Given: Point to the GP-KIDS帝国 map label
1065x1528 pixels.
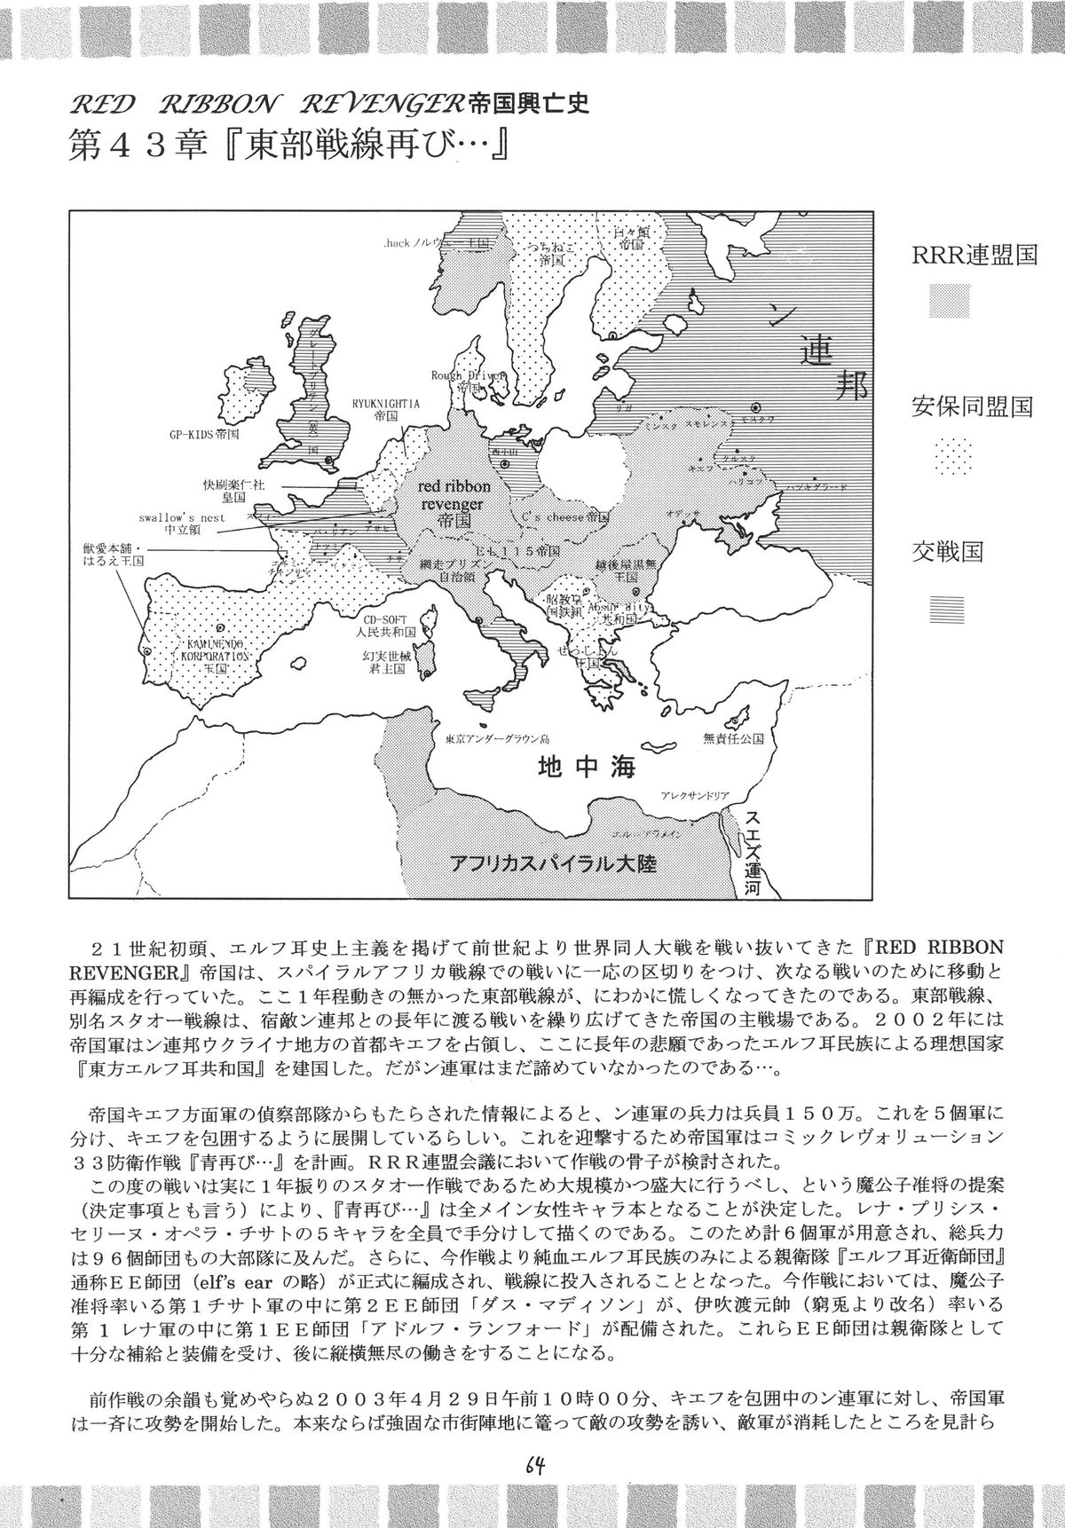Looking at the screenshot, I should (x=204, y=436).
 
